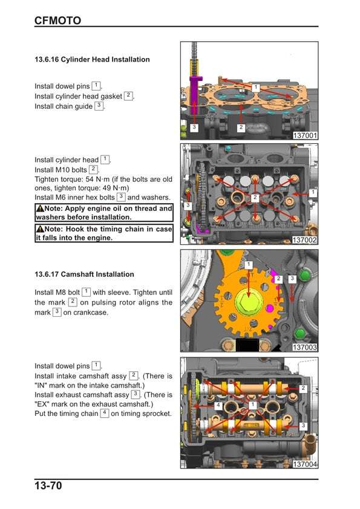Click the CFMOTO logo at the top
(57, 21)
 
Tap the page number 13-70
(48, 485)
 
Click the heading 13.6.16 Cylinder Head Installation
(93, 59)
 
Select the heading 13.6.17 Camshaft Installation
(84, 274)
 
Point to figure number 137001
(305, 135)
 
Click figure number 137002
(304, 240)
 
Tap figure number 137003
(304, 348)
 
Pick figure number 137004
(304, 464)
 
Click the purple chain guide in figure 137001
(194, 94)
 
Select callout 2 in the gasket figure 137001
(241, 127)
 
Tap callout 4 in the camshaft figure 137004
(218, 405)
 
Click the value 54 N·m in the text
(97, 179)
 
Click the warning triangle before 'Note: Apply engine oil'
(40, 209)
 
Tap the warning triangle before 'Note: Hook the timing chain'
(40, 229)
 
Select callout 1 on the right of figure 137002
(312, 192)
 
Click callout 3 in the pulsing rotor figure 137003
(292, 279)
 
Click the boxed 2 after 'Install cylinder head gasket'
(128, 96)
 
